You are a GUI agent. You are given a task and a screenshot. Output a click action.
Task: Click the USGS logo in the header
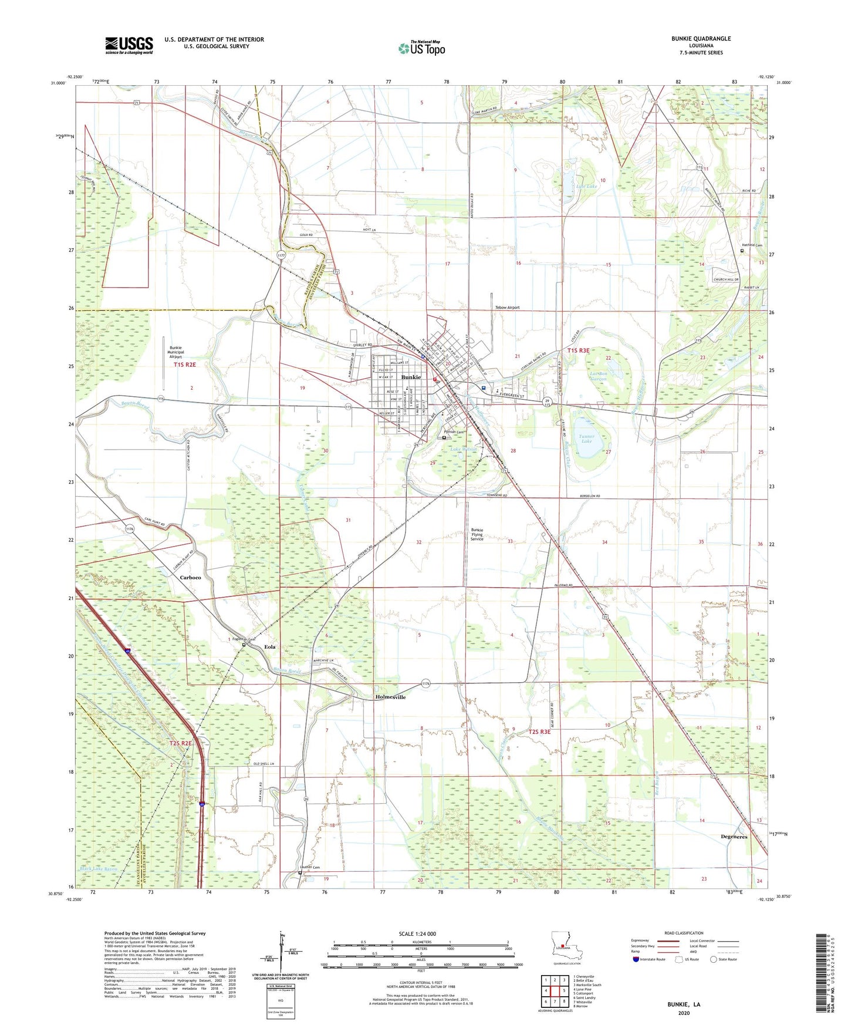tap(129, 45)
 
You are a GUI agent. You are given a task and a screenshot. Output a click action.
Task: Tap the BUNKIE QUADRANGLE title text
tap(701, 39)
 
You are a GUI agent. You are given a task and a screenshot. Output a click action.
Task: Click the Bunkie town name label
tap(411, 377)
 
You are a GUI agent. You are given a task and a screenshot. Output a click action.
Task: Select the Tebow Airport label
tap(507, 308)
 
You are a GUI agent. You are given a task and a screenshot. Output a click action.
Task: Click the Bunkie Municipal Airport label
tap(175, 352)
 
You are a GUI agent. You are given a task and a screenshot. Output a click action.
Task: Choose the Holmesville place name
tap(390, 697)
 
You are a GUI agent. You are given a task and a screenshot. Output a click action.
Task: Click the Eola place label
tap(269, 647)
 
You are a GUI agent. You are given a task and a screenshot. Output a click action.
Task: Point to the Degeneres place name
tap(734, 837)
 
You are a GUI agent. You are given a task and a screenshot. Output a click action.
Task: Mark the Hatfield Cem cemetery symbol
tap(742, 251)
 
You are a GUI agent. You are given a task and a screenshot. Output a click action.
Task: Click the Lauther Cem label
tap(309, 867)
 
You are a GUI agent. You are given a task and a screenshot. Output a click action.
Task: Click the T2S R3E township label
tap(539, 732)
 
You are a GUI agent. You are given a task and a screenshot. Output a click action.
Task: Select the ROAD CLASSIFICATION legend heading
tap(683, 933)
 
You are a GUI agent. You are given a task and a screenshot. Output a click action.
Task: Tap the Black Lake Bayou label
tap(99, 868)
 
